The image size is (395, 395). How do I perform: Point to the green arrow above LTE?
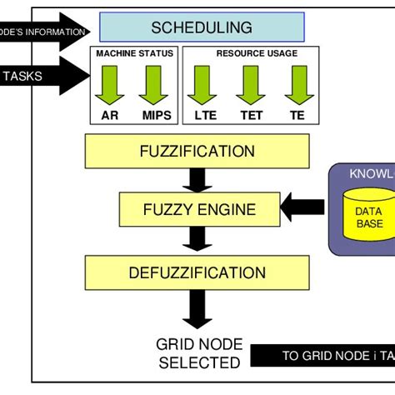(203, 84)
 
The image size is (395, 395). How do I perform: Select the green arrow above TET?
(250, 84)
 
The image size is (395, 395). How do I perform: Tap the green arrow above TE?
(297, 84)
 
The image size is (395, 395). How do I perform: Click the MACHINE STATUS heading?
(134, 53)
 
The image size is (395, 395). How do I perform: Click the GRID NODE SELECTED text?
(199, 353)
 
